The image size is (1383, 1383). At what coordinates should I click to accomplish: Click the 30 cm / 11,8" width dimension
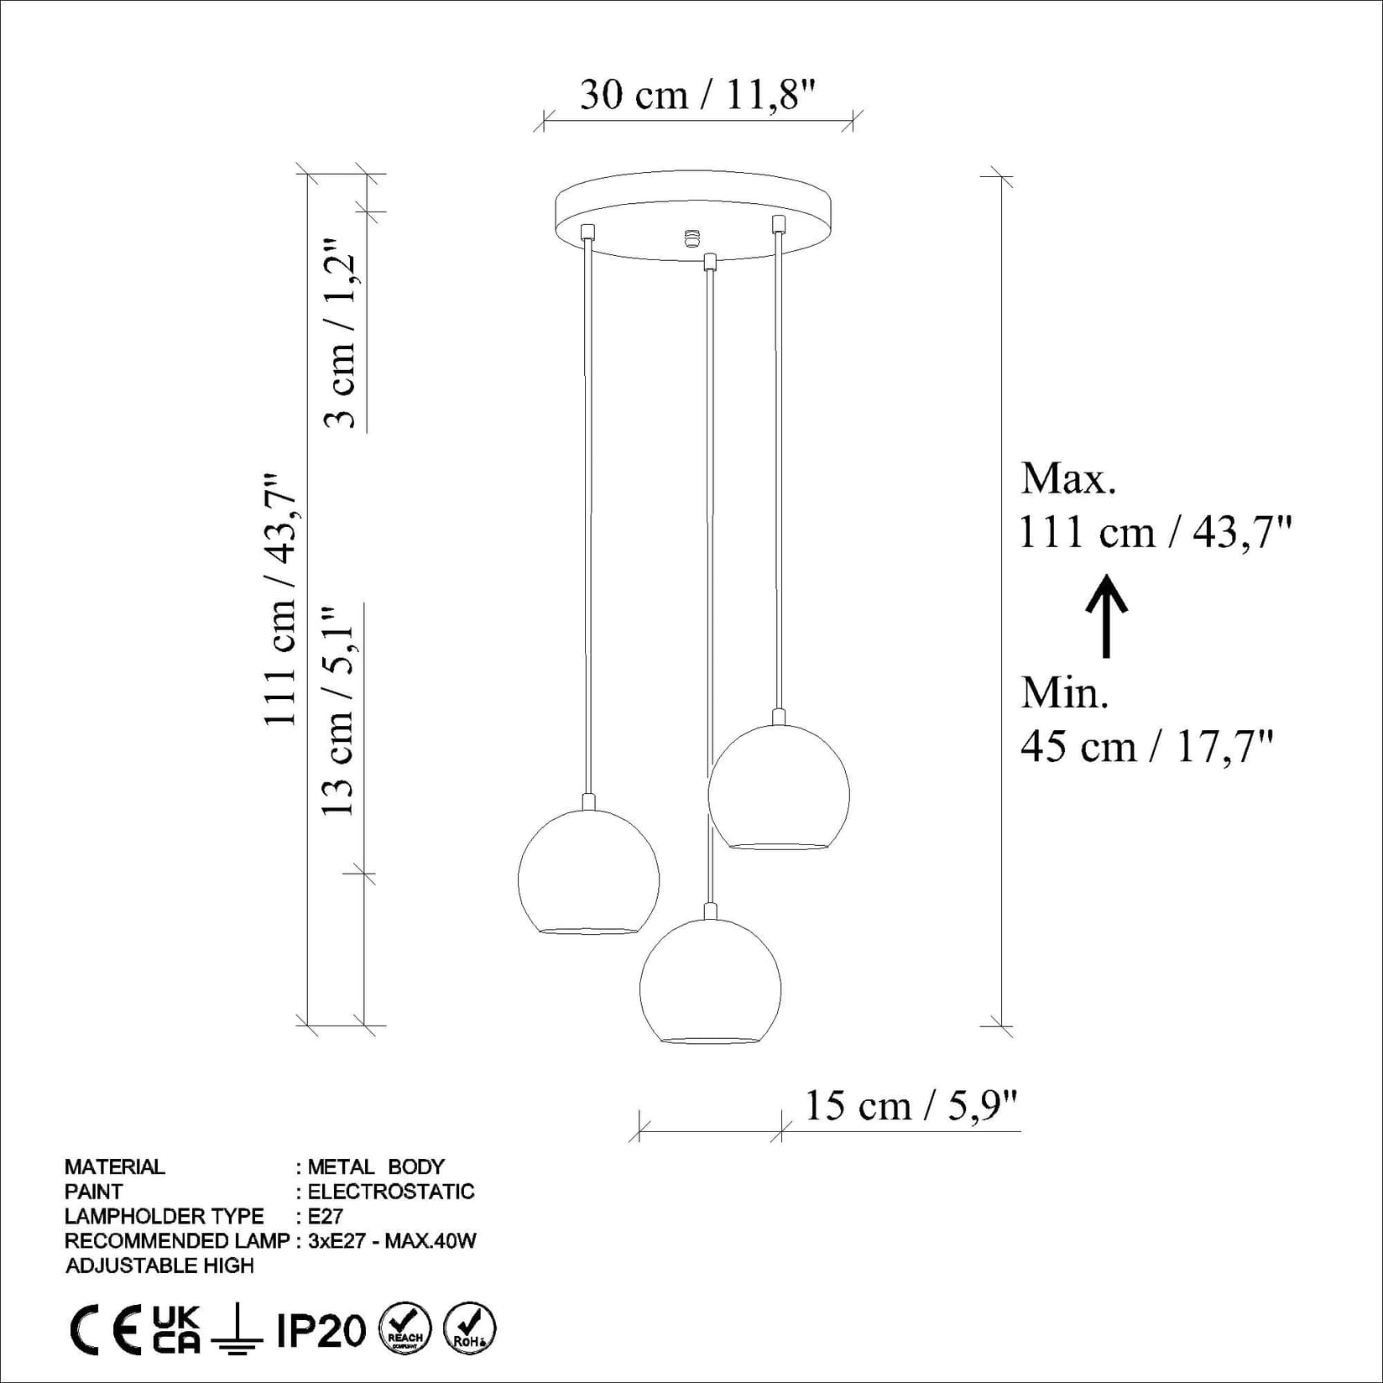click(697, 95)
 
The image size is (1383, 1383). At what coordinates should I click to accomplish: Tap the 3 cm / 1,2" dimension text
click(342, 332)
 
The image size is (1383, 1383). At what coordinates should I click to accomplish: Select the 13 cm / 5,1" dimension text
click(340, 710)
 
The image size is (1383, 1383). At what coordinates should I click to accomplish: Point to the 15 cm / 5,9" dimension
click(911, 1105)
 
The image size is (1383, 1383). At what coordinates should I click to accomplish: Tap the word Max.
click(1068, 479)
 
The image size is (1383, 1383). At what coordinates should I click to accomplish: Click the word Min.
click(1065, 693)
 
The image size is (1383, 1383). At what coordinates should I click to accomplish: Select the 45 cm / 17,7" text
click(1146, 745)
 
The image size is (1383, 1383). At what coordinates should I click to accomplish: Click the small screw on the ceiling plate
click(691, 238)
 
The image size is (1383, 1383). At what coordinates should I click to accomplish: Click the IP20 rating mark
click(321, 1331)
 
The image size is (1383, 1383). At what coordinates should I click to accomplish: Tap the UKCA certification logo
click(176, 1330)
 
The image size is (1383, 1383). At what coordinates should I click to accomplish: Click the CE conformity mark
click(105, 1331)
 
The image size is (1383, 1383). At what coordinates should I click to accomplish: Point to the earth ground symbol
click(237, 1331)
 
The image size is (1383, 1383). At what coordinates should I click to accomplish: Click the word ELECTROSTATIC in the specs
click(391, 1192)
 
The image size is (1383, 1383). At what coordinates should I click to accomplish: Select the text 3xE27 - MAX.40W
click(392, 1240)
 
